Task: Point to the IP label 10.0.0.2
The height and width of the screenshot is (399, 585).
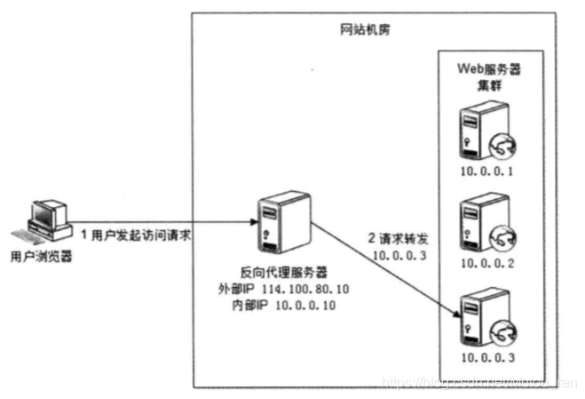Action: (486, 263)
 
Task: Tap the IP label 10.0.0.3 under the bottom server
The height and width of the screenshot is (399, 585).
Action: (486, 357)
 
